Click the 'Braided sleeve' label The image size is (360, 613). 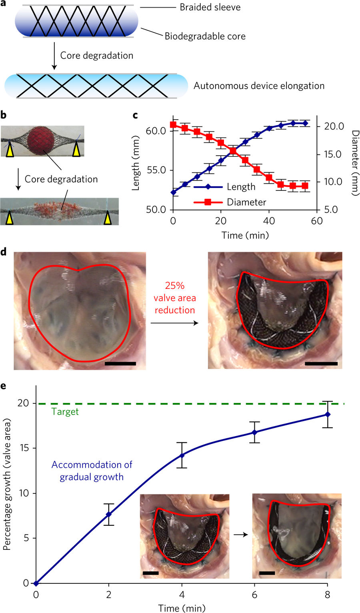click(x=210, y=7)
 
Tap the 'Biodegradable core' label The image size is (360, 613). click(x=205, y=36)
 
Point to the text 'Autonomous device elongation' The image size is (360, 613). click(x=259, y=86)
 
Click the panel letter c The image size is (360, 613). click(x=135, y=115)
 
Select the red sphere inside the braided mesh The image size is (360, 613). click(x=41, y=140)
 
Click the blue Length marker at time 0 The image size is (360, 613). click(x=173, y=192)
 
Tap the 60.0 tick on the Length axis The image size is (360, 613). click(x=156, y=131)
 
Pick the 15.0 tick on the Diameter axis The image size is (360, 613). click(x=333, y=154)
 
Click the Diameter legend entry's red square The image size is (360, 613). click(x=208, y=202)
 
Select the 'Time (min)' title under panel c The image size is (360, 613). click(x=245, y=235)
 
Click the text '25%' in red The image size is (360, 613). click(x=175, y=286)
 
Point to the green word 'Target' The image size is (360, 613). click(x=65, y=412)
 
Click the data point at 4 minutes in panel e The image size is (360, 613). click(x=182, y=455)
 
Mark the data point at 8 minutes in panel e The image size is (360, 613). click(x=328, y=415)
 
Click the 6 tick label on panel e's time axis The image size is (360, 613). click(x=254, y=595)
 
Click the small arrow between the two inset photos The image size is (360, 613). click(x=241, y=535)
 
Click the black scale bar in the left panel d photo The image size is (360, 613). click(x=120, y=364)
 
